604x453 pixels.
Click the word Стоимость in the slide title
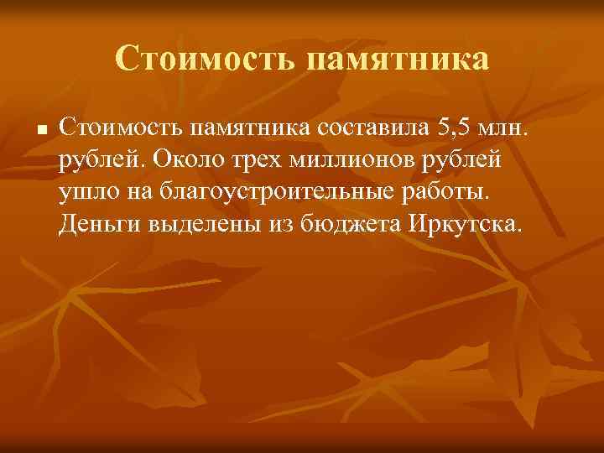tap(205, 59)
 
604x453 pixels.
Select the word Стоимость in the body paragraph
tap(120, 128)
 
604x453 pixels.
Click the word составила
tap(376, 128)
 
